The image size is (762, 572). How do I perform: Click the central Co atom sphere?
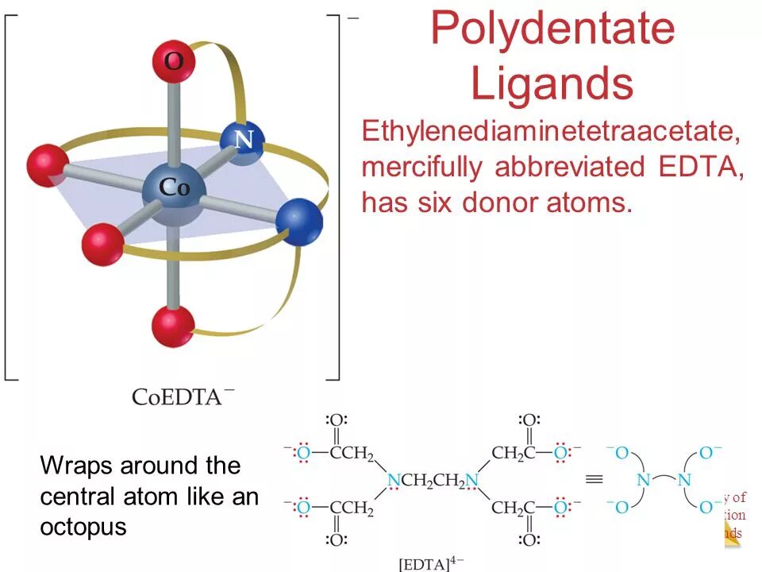174,191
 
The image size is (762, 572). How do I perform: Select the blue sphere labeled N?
241,143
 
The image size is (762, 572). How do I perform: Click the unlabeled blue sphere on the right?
301,222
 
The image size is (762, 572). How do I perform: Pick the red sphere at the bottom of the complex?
172,324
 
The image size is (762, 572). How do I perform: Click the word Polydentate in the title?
552,29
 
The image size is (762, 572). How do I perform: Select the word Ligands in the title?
552,83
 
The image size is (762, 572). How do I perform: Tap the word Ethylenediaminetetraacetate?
552,132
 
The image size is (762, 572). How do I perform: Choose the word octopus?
83,527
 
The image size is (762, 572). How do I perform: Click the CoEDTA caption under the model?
183,395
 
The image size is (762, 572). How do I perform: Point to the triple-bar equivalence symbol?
592,479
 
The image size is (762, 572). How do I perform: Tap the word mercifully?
421,168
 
